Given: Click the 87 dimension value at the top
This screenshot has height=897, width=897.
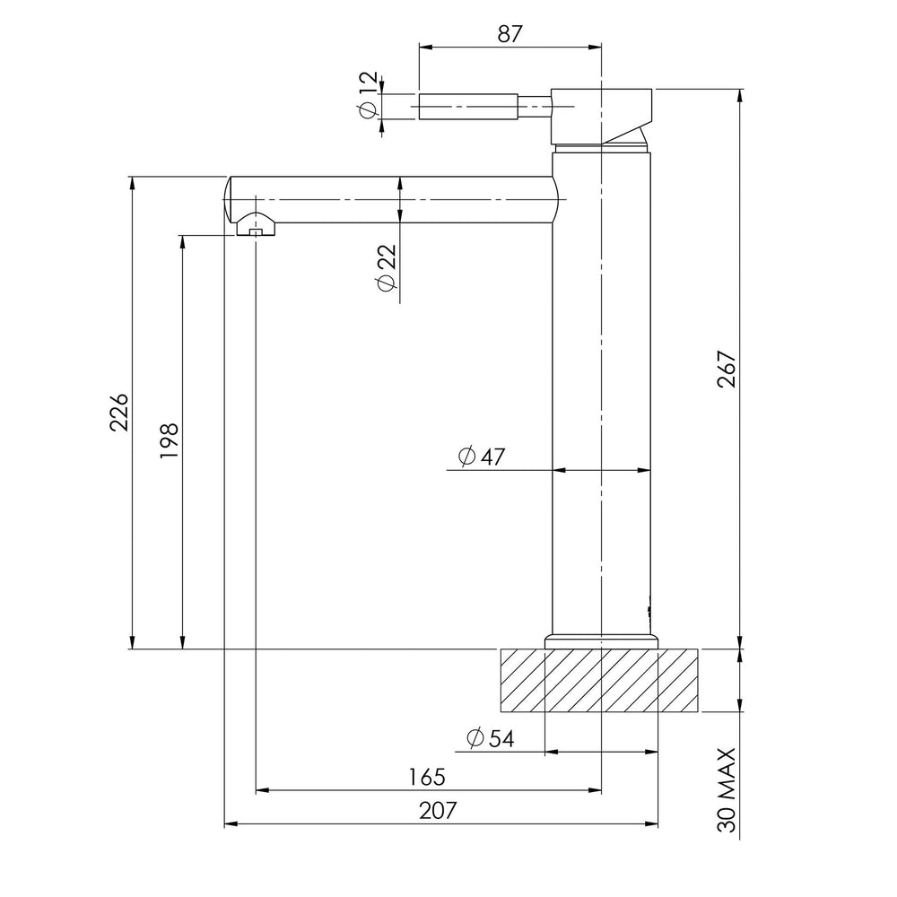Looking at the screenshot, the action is click(509, 34).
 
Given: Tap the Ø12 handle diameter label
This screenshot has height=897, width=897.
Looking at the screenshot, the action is click(368, 95).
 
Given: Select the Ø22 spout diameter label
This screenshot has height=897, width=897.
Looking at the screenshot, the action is click(387, 267).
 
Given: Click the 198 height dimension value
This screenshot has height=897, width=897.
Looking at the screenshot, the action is click(170, 440).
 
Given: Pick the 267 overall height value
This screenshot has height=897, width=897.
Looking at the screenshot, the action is click(727, 369).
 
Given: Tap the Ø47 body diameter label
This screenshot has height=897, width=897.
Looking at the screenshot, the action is click(482, 457).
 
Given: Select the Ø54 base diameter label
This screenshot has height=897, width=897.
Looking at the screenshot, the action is click(491, 738).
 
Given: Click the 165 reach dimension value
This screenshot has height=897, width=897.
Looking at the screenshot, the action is click(427, 777).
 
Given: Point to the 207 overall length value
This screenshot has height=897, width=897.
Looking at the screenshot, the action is click(439, 810).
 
